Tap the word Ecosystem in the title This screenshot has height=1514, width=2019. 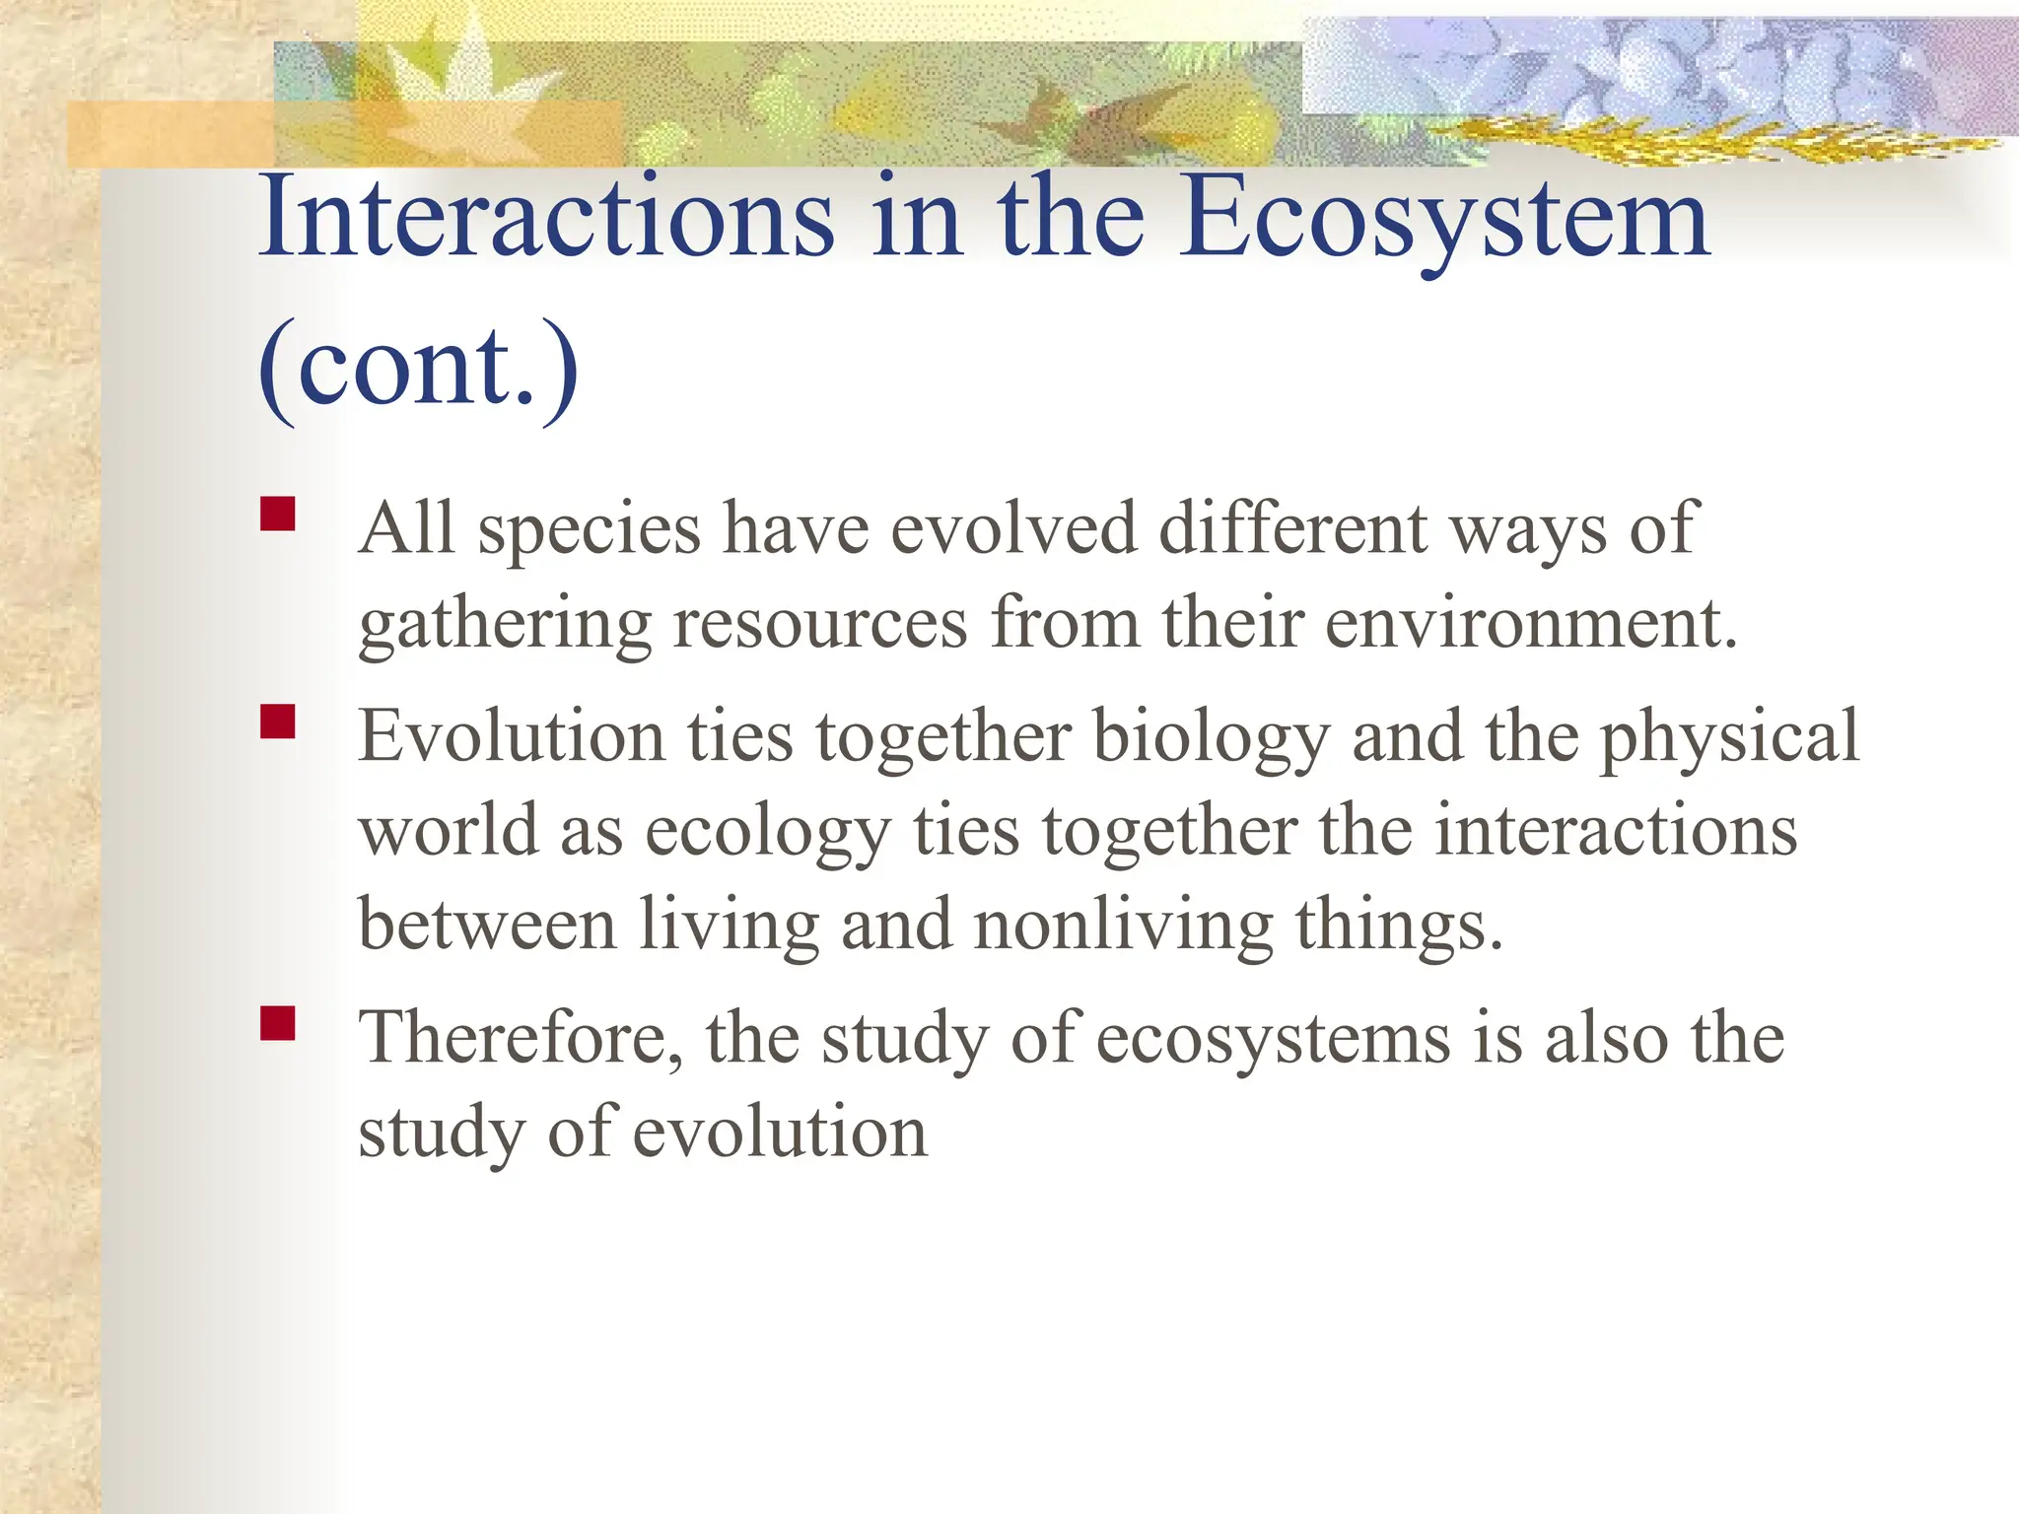tap(1444, 219)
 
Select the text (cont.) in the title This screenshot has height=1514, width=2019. tap(418, 367)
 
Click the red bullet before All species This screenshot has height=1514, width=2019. tap(278, 515)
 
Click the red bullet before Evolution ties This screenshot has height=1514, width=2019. tap(278, 722)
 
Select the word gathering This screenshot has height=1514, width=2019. tap(504, 627)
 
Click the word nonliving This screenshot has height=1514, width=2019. tap(1123, 928)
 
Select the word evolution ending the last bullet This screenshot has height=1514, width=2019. tap(779, 1134)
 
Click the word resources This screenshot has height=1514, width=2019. tap(819, 625)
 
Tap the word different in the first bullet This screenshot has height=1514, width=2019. tap(1291, 530)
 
